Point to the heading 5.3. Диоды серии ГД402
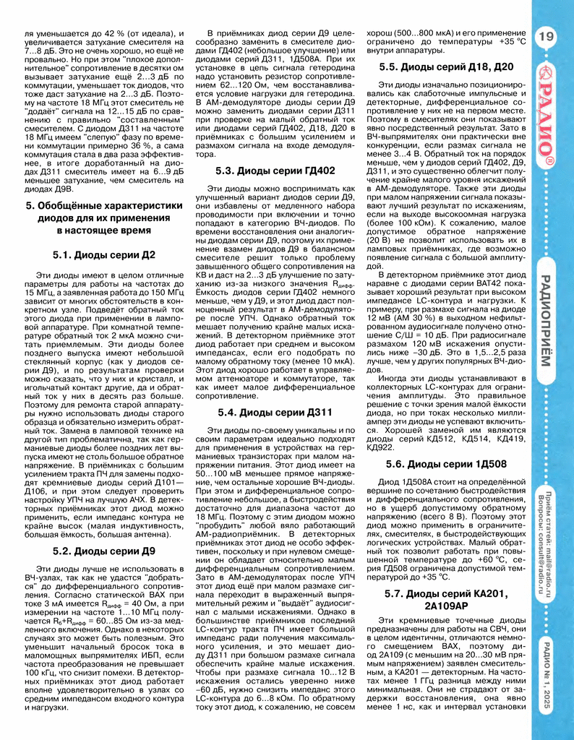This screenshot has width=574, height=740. [275, 171]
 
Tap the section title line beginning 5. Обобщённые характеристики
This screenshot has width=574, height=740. [104, 205]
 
